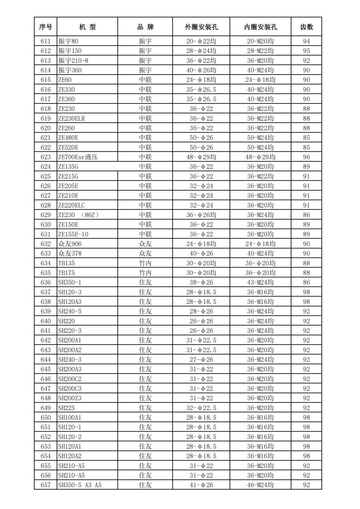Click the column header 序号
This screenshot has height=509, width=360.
tap(45, 27)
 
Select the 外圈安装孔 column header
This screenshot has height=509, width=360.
tap(201, 27)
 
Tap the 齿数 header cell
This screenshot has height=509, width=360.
tap(307, 27)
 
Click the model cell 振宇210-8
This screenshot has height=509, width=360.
tap(73, 60)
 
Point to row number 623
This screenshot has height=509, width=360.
tap(45, 157)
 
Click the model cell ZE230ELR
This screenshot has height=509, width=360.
tap(72, 118)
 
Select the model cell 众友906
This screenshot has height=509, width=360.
tap(70, 244)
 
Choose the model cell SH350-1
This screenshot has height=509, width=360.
tap(70, 282)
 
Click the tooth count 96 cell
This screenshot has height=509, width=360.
tap(307, 157)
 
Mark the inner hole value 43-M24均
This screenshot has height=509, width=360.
tap(260, 282)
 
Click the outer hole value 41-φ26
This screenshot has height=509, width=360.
tap(201, 485)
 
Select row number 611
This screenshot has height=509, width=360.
tap(45, 41)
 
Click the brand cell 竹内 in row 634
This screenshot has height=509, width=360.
tap(145, 263)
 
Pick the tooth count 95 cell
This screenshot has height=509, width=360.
tap(307, 51)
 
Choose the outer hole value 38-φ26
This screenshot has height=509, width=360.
tap(201, 282)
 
